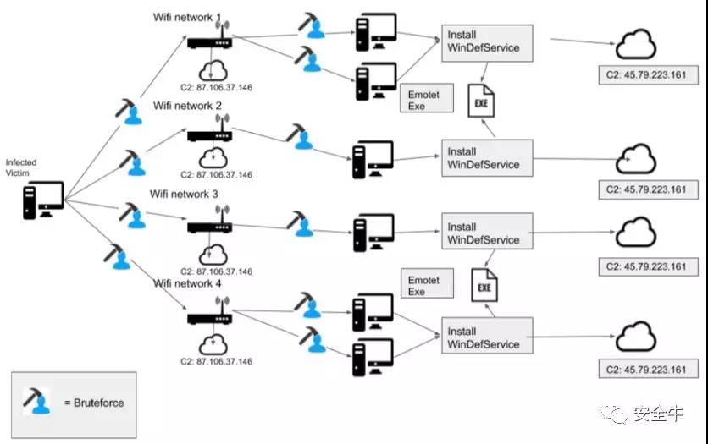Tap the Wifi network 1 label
click(x=188, y=17)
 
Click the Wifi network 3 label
click(x=184, y=194)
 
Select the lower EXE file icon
click(x=484, y=284)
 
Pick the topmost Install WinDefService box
click(x=487, y=42)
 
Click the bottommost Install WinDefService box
click(x=487, y=337)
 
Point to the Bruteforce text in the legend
click(x=94, y=403)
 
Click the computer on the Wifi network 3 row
click(x=373, y=227)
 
